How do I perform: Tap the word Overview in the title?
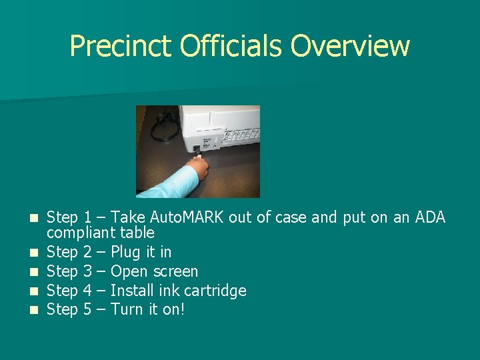(x=351, y=47)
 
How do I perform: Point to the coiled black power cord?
(x=163, y=127)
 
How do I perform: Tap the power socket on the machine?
(x=196, y=149)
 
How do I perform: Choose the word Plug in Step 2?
(x=125, y=253)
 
